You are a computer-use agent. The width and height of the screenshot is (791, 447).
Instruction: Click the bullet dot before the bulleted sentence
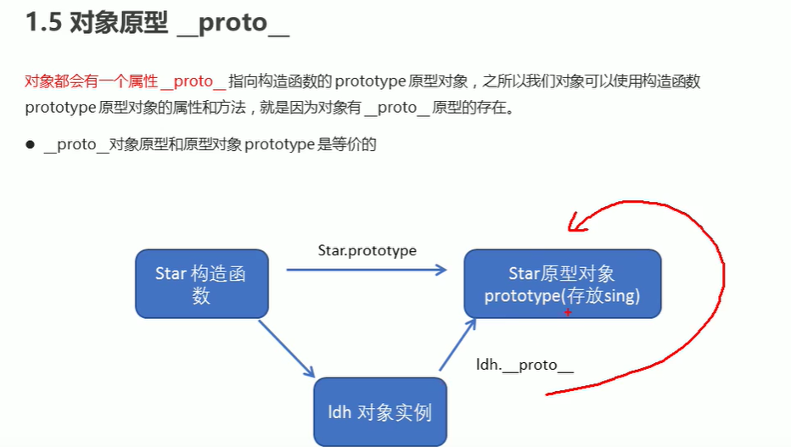point(29,144)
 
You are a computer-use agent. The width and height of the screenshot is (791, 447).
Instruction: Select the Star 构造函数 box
point(201,284)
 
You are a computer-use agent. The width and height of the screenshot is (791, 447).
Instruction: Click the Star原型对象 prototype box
point(562,284)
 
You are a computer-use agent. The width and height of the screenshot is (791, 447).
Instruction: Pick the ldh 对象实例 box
point(379,412)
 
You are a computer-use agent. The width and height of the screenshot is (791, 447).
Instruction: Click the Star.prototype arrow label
point(367,250)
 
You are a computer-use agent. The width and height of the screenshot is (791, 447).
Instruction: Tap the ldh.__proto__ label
point(525,365)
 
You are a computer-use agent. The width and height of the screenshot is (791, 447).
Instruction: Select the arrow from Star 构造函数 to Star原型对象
point(365,270)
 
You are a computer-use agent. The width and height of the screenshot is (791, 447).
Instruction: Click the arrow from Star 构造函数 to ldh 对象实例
point(286,348)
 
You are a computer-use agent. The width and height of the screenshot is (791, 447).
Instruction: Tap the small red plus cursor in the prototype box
point(568,312)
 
